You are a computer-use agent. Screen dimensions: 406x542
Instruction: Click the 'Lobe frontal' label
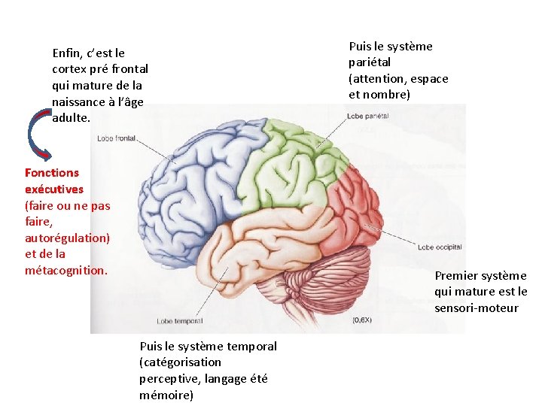pyautogui.click(x=116, y=138)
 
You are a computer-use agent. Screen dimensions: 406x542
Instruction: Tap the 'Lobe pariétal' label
pyautogui.click(x=368, y=116)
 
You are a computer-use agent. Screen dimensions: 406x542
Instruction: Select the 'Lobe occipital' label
pyautogui.click(x=440, y=247)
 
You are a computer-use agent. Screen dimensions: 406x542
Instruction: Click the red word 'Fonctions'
pyautogui.click(x=52, y=173)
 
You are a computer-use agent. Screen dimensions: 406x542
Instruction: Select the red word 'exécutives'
pyautogui.click(x=54, y=189)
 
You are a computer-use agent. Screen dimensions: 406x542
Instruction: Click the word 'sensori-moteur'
pyautogui.click(x=476, y=308)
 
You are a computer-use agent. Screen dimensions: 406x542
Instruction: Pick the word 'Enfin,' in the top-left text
pyautogui.click(x=68, y=53)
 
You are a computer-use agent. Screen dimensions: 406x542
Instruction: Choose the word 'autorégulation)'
pyautogui.click(x=67, y=238)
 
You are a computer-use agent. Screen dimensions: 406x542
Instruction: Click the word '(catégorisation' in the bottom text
pyautogui.click(x=180, y=362)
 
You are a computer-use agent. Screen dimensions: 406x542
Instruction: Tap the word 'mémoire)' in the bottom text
pyautogui.click(x=166, y=395)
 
